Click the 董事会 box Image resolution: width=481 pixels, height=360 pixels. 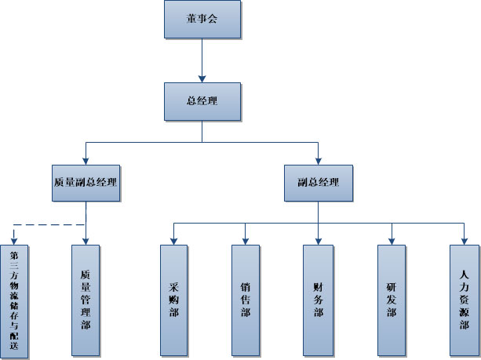[202, 19]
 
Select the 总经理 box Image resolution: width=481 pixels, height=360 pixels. [202, 101]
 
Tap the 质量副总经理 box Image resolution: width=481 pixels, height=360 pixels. [85, 182]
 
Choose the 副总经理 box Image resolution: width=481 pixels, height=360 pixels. [318, 182]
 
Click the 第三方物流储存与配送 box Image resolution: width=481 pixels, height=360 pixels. [14, 300]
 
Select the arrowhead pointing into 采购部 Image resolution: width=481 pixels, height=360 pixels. [173, 239]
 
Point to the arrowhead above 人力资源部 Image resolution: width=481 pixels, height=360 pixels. [464, 239]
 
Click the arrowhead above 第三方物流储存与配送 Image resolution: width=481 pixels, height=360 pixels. [14, 239]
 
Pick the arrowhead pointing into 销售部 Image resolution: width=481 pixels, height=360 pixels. [246, 239]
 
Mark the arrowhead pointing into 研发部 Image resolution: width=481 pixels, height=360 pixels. [391, 239]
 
